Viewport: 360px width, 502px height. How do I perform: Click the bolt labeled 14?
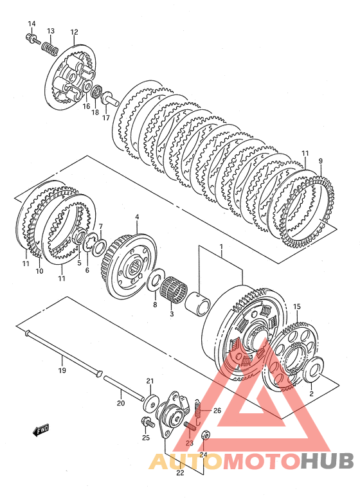point(32,39)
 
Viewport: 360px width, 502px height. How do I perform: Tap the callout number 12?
point(74,32)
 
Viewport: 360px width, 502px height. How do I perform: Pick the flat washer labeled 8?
point(155,281)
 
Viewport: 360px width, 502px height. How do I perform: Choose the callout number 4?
point(137,217)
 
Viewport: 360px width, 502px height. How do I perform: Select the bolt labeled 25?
point(147,423)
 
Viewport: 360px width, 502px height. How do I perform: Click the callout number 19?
point(62,370)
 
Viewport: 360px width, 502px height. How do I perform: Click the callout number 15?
point(297,307)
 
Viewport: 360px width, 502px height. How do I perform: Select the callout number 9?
point(321,161)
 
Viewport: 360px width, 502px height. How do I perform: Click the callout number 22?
point(180,473)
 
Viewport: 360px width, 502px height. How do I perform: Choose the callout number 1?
point(221,247)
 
